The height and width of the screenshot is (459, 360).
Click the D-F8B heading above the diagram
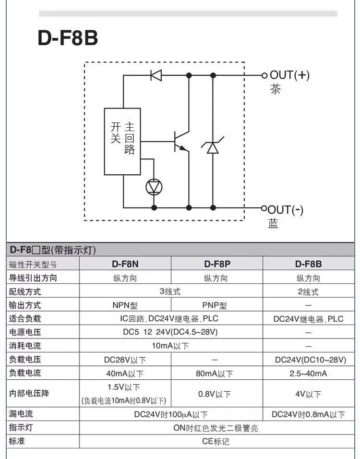[68, 39]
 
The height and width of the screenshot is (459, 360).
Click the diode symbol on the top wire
[156, 75]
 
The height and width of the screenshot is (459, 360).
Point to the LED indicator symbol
[154, 187]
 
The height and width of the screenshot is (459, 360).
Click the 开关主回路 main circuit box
[123, 140]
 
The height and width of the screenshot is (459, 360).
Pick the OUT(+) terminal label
[289, 75]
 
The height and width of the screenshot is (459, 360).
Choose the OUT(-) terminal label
[286, 210]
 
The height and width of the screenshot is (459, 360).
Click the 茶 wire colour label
[275, 89]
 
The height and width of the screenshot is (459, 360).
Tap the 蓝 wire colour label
[273, 224]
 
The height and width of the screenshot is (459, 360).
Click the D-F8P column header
[217, 264]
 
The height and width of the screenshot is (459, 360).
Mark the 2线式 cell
[308, 291]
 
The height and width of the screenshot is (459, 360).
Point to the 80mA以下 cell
[217, 373]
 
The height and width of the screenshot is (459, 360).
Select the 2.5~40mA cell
[308, 373]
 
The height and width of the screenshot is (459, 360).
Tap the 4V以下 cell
[308, 394]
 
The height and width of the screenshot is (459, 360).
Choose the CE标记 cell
[216, 441]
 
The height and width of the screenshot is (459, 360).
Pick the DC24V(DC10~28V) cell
[308, 359]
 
